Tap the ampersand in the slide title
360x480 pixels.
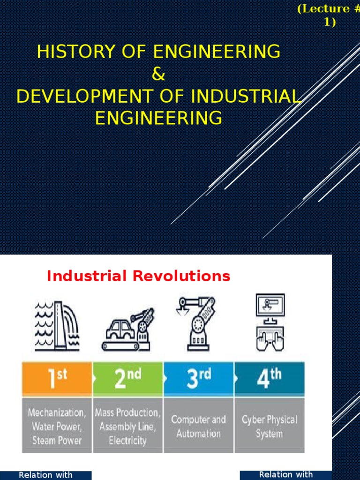(159, 74)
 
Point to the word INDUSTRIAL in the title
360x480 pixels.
(244, 96)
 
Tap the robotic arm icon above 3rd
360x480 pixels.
(196, 323)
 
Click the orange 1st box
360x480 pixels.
(58, 379)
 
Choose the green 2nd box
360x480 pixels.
(128, 379)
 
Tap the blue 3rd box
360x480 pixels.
(199, 379)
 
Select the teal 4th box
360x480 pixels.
(270, 379)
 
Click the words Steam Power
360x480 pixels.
(57, 441)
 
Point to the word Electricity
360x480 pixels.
(127, 441)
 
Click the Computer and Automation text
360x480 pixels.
(198, 427)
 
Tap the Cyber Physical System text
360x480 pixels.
(270, 427)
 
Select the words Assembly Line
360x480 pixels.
(127, 427)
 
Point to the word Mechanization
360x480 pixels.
(57, 413)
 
